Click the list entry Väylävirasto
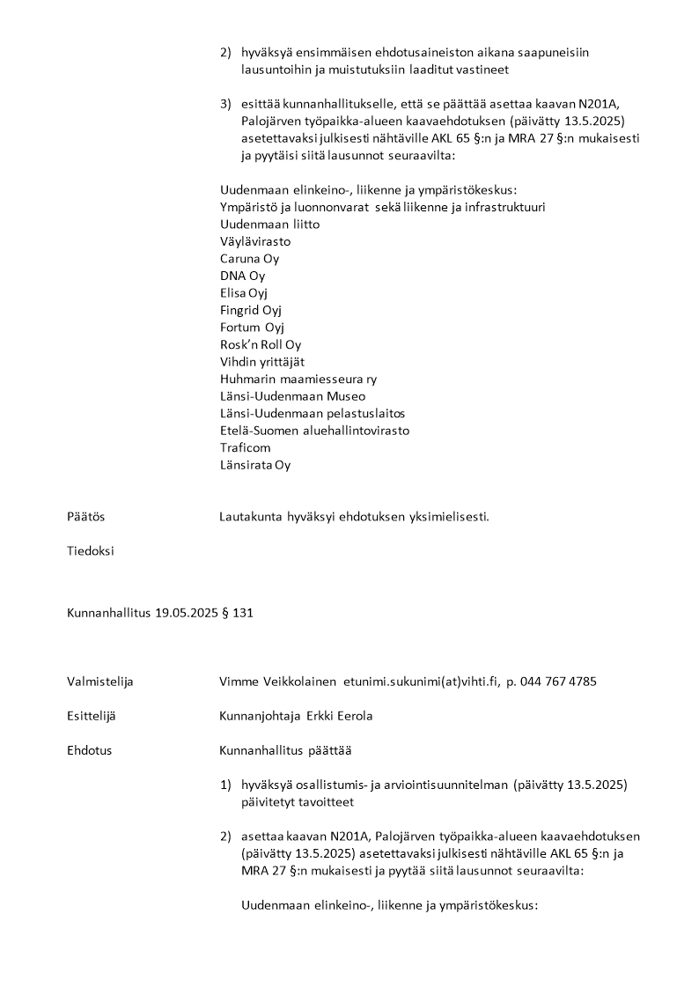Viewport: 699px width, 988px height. [x=255, y=241]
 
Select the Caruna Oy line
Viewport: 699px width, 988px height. [x=249, y=259]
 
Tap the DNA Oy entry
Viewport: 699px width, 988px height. [x=242, y=276]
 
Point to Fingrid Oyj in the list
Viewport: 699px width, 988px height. [x=251, y=310]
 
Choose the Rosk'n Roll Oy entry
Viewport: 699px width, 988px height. [x=260, y=344]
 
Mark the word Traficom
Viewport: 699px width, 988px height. [x=245, y=447]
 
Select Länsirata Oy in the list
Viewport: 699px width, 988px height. [x=254, y=465]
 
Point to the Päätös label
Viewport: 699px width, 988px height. [x=85, y=517]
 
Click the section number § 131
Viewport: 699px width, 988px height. [x=238, y=612]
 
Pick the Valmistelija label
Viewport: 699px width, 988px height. [x=100, y=681]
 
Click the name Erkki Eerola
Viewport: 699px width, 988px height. [x=340, y=716]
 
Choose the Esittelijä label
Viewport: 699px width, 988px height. [x=92, y=716]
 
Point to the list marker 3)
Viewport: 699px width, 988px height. [x=225, y=104]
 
